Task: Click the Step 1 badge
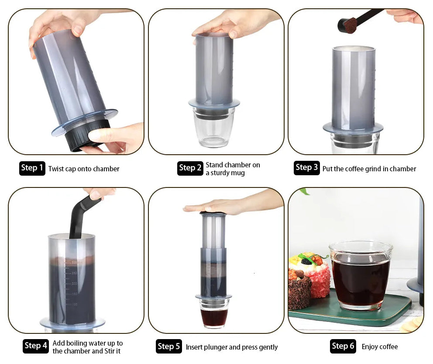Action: [32, 168]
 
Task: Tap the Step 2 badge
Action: [190, 168]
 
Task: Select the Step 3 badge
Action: [306, 167]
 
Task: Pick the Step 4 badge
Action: [36, 346]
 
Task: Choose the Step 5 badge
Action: [168, 347]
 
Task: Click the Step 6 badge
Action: [343, 346]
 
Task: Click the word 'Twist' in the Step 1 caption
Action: [56, 169]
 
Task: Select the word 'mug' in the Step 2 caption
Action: [238, 173]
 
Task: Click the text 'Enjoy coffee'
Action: [380, 347]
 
